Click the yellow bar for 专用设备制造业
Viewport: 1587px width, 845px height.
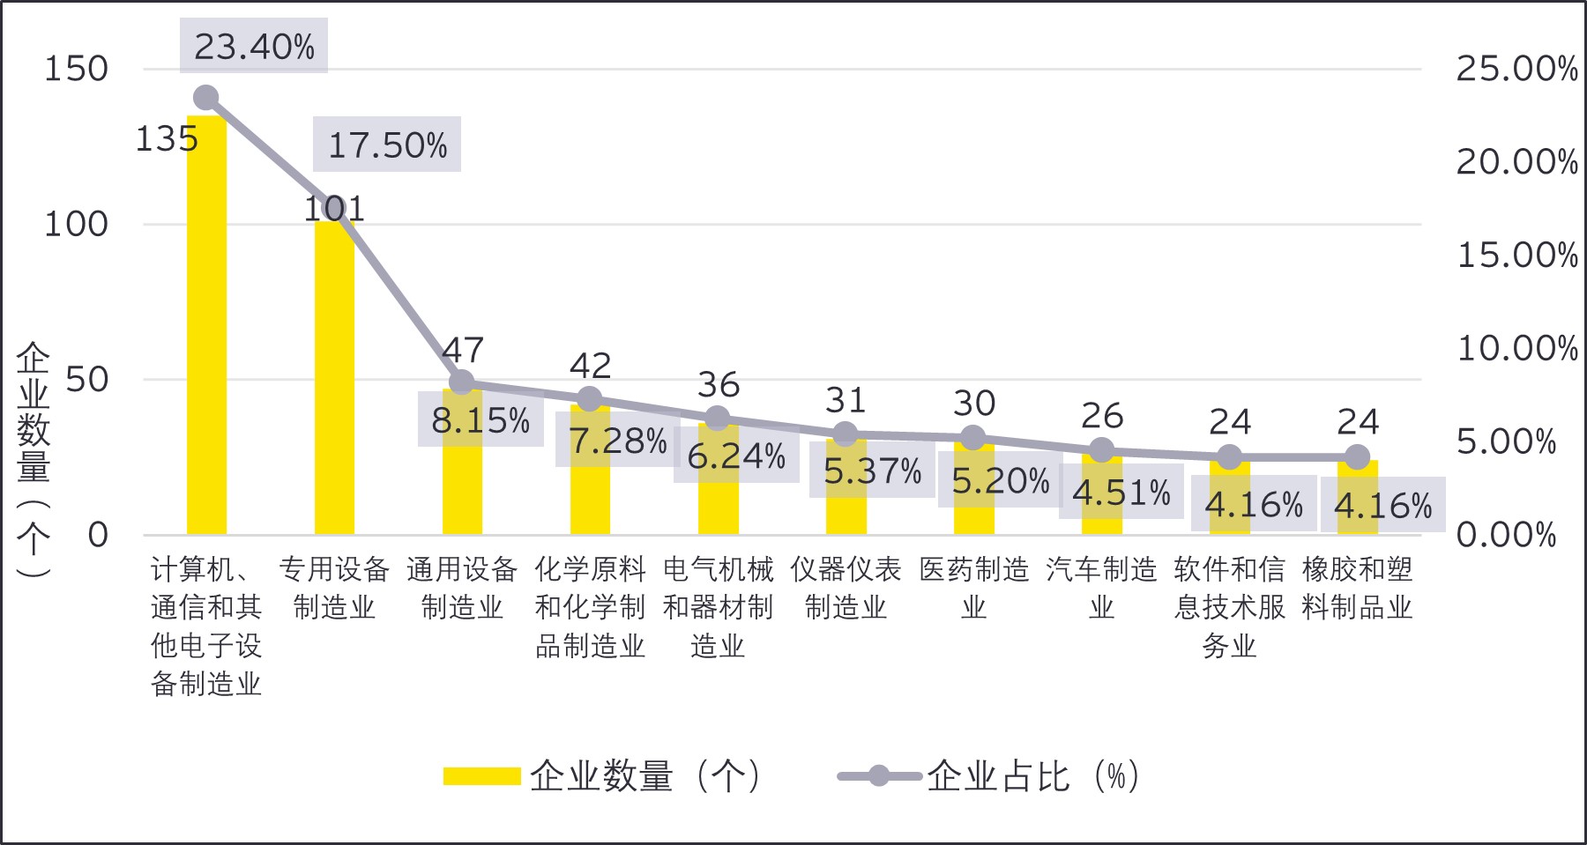[334, 379]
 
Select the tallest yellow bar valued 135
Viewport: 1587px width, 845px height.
[206, 326]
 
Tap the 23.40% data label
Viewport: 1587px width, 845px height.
[254, 47]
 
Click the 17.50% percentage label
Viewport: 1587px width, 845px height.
[387, 145]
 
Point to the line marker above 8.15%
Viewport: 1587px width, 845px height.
[462, 382]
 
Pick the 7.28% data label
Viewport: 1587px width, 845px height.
[617, 440]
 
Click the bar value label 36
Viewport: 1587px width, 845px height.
[718, 385]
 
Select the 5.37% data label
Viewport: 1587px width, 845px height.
[872, 471]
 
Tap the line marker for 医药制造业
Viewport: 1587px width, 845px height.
[973, 438]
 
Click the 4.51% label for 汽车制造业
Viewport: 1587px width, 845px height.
[1121, 493]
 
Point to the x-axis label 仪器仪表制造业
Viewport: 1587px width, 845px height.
[846, 589]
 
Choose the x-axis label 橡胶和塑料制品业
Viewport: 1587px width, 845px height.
[1357, 589]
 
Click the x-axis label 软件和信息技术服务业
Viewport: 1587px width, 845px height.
[1229, 608]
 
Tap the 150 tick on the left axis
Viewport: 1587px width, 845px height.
[76, 69]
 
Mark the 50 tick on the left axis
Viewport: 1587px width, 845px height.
[86, 380]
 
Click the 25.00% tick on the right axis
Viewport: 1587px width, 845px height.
[1516, 69]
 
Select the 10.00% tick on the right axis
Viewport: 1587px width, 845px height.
[1516, 349]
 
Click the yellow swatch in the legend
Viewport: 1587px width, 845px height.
[481, 776]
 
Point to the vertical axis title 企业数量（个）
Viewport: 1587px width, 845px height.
[34, 458]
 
